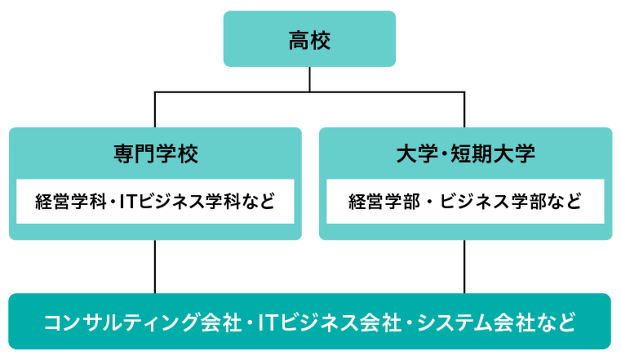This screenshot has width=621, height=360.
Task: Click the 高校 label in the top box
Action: pos(309,40)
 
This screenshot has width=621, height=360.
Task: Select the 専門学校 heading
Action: pos(156,153)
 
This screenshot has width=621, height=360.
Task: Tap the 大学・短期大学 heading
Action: pos(466,153)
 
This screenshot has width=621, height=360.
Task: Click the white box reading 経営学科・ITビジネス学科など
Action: pos(155,201)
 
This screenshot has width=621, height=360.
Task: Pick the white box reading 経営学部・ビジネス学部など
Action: pos(465,201)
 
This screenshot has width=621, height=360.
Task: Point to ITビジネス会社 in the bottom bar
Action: pos(330,322)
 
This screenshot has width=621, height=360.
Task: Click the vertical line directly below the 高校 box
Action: pos(309,79)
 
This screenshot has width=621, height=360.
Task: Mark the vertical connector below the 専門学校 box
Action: pos(155,267)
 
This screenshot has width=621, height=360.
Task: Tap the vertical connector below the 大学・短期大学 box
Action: pos(464,267)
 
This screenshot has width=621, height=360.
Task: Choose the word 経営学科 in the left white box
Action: pos(70,202)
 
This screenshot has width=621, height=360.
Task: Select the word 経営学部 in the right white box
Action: pos(384,202)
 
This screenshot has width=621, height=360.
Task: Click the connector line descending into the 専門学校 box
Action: pos(155,109)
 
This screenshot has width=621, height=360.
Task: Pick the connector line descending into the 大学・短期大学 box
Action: pos(464,109)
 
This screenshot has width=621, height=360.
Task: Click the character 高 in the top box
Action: pos(299,40)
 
